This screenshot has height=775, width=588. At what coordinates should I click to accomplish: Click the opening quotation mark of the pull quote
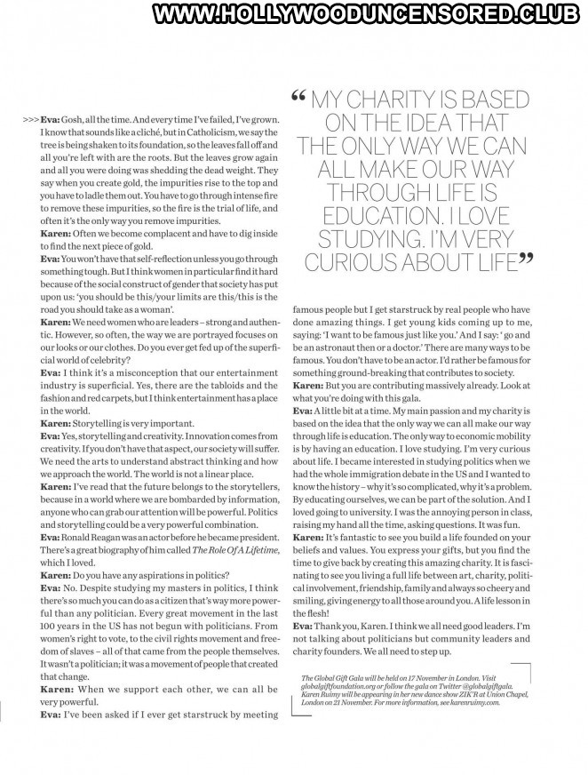(x=298, y=96)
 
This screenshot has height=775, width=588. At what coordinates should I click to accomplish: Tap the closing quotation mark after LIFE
(x=526, y=259)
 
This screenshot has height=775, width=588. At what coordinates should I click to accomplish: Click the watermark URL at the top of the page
(x=365, y=15)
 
